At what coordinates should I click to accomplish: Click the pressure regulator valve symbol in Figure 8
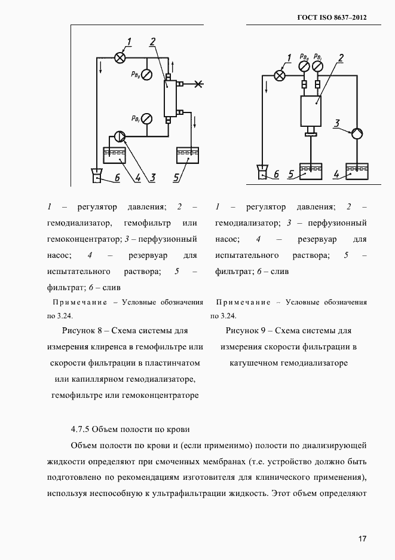pyautogui.click(x=120, y=57)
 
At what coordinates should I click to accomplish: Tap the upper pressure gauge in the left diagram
pyautogui.click(x=146, y=75)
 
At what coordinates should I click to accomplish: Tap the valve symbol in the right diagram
pyautogui.click(x=279, y=75)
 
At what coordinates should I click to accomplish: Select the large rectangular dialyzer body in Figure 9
pyautogui.click(x=311, y=111)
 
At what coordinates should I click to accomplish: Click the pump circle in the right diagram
pyautogui.click(x=357, y=133)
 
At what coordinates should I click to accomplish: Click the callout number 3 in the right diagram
pyautogui.click(x=337, y=124)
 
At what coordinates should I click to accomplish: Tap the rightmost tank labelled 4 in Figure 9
pyautogui.click(x=357, y=172)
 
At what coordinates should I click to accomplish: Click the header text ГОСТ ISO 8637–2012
pyautogui.click(x=332, y=17)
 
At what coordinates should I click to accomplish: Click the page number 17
pyautogui.click(x=362, y=538)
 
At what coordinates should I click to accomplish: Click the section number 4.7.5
pyautogui.click(x=80, y=429)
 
